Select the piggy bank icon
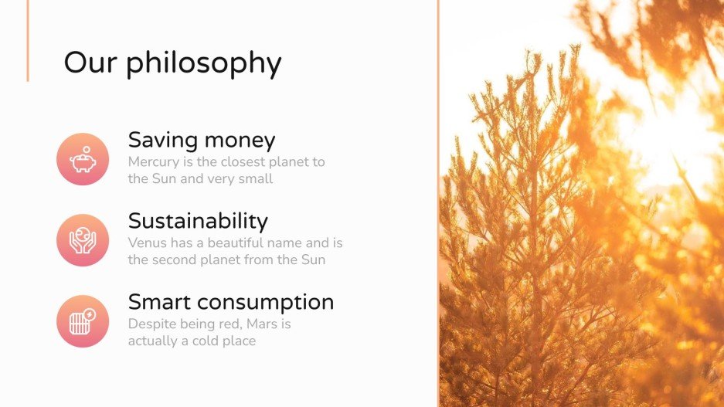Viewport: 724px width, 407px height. [x=83, y=159]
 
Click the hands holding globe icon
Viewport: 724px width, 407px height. [x=83, y=240]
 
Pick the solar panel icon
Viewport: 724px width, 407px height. [x=83, y=321]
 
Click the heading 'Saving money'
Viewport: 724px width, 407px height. [x=202, y=140]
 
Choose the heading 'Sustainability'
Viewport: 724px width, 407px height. [x=198, y=221]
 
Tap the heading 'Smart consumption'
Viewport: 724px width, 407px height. [x=231, y=302]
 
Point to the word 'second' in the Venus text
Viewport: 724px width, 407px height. [x=175, y=259]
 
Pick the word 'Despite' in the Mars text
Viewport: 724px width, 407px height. [x=152, y=324]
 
